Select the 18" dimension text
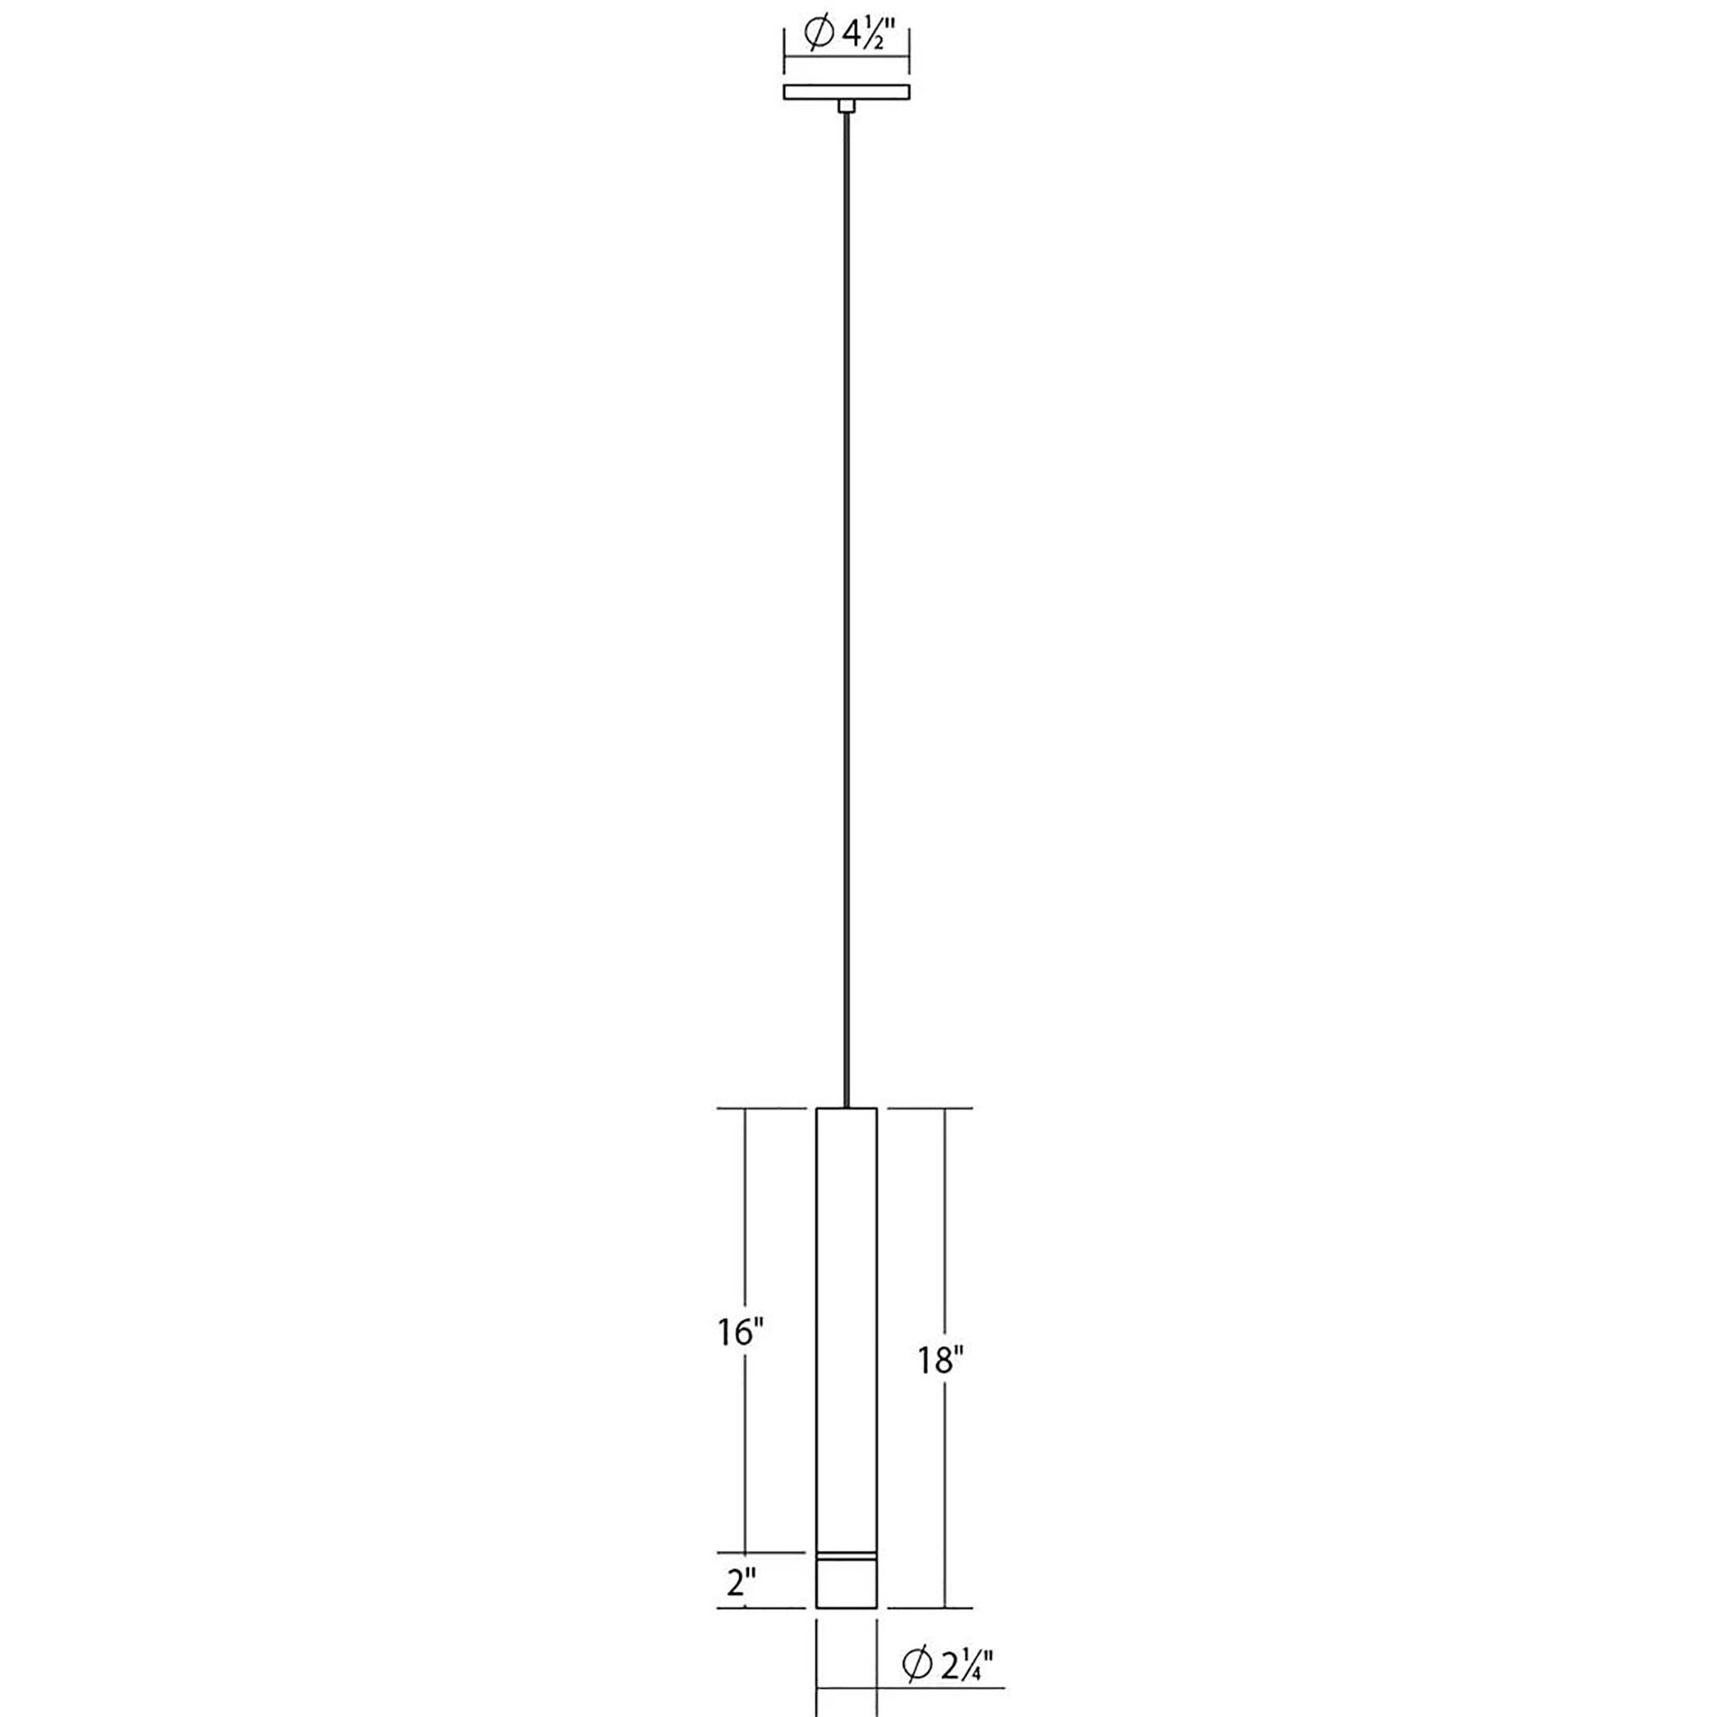[942, 1384]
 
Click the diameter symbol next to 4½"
[817, 34]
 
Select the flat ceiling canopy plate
[847, 92]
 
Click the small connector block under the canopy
[847, 106]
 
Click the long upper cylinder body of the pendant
[847, 1333]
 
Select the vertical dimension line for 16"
[745, 1244]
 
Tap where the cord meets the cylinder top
[847, 1108]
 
